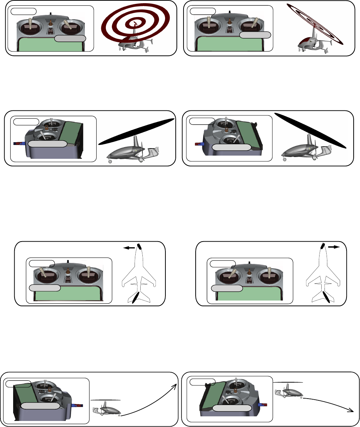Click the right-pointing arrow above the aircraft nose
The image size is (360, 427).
click(334, 246)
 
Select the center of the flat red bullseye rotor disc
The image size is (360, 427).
click(136, 24)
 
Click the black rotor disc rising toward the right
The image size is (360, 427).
click(137, 131)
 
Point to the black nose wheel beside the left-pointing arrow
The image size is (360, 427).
click(140, 246)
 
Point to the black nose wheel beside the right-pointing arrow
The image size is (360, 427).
click(323, 245)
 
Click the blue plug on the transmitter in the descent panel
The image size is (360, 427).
click(263, 405)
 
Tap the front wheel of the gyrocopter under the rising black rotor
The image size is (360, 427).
click(110, 161)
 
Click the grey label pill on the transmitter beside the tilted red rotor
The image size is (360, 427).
click(255, 35)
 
